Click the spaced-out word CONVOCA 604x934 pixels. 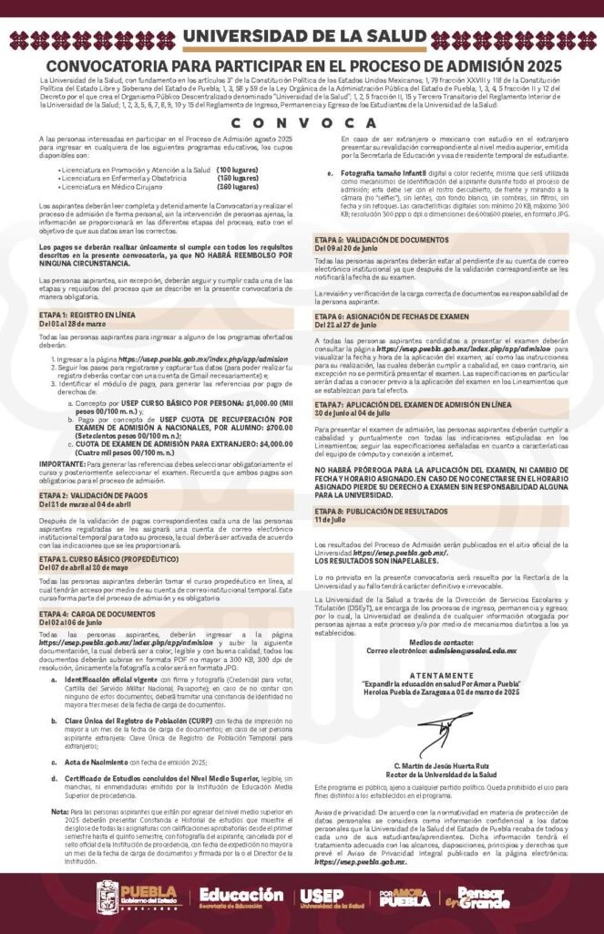302,123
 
